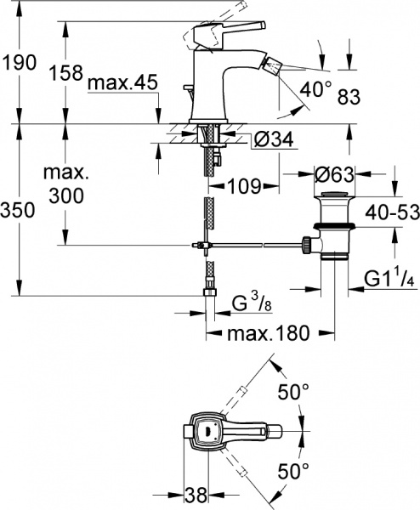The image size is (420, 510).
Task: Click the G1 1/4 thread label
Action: [388, 278]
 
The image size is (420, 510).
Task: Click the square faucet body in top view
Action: [207, 431]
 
